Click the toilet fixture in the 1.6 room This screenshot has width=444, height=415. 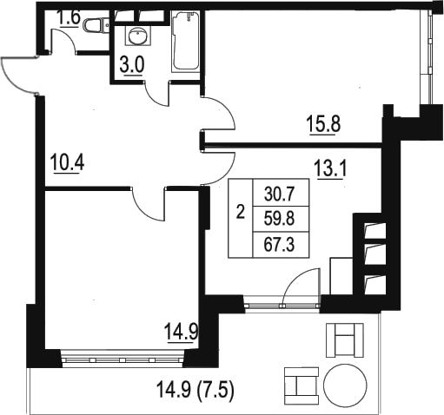96,25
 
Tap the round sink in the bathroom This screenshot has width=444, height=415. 138,36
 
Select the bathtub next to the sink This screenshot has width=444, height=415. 185,41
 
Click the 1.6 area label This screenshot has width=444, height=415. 70,18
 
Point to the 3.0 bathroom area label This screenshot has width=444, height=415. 132,66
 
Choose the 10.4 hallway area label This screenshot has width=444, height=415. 67,162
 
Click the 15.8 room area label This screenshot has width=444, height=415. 324,124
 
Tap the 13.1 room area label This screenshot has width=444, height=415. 330,169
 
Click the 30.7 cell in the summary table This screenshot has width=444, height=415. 280,194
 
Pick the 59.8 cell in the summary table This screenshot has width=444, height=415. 280,219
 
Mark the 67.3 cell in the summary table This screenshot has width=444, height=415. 280,245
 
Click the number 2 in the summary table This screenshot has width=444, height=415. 241,213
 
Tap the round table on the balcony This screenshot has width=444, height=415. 345,385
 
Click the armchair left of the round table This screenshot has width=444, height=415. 302,386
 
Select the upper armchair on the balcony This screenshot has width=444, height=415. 345,340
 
